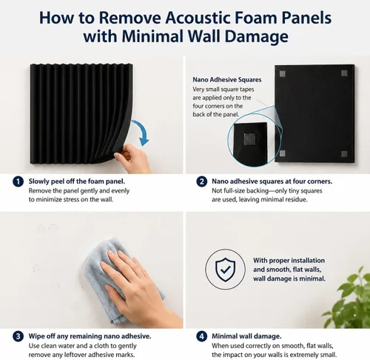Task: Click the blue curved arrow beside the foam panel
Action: click(x=144, y=131)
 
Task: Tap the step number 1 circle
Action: click(x=18, y=181)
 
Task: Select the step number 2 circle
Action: click(x=202, y=181)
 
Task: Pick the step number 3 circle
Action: click(x=18, y=336)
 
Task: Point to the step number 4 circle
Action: click(x=202, y=336)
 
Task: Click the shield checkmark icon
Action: click(x=225, y=270)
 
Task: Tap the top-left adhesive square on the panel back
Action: click(x=283, y=73)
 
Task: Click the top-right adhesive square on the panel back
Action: click(x=344, y=73)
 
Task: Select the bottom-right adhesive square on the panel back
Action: click(x=344, y=154)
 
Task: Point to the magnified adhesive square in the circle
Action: click(x=249, y=139)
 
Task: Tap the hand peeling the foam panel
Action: click(x=132, y=159)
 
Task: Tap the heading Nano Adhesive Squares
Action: click(x=227, y=80)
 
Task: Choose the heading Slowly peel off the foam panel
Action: click(x=77, y=181)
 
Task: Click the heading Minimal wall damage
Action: click(x=246, y=336)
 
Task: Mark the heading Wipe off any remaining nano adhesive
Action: click(x=90, y=336)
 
